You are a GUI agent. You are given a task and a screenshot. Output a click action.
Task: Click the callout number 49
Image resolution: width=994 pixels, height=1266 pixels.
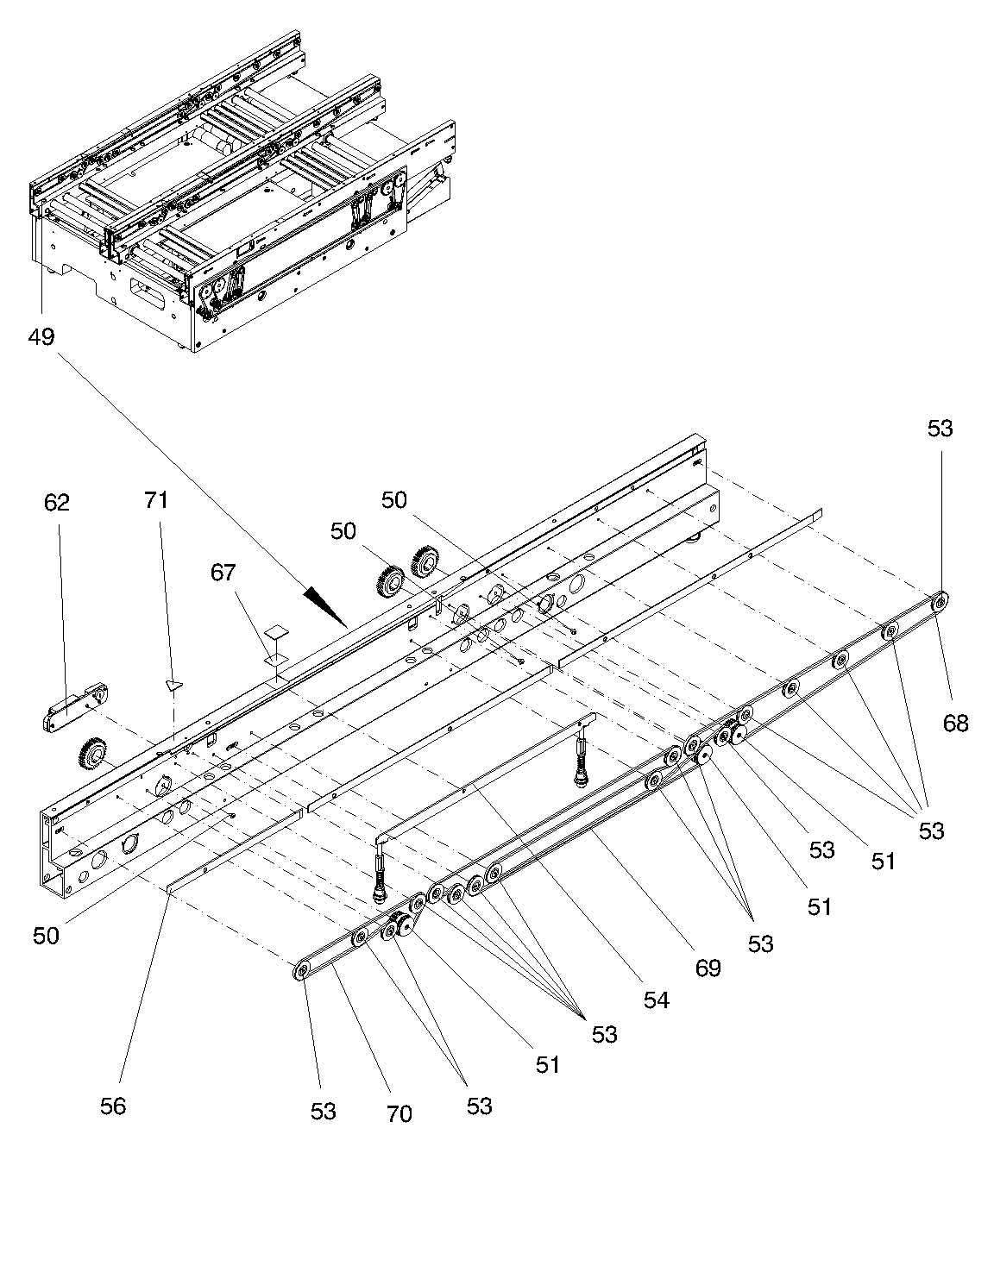point(41,336)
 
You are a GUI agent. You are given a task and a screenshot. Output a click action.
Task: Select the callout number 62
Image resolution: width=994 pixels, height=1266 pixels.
point(57,503)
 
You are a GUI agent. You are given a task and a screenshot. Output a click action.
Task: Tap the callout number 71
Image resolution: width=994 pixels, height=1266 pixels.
point(156,500)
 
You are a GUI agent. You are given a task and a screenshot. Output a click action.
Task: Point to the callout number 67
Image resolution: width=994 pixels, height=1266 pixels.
point(223,573)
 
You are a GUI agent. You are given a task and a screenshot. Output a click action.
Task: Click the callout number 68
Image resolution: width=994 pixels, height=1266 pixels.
point(955,723)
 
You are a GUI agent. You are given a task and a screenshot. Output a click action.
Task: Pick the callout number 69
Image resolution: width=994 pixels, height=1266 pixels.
point(708,968)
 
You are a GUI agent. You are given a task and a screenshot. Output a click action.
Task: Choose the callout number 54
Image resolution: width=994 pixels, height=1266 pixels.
point(657,1000)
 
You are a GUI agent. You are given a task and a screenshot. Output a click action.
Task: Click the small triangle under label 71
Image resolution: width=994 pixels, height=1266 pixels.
point(173,685)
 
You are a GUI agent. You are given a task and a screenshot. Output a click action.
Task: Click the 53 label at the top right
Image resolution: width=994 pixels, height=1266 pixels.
point(940,429)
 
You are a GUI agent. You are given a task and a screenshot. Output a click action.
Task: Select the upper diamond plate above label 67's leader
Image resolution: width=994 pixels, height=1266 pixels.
point(276,631)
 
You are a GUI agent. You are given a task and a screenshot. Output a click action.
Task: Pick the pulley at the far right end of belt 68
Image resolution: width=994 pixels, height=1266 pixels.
point(940,602)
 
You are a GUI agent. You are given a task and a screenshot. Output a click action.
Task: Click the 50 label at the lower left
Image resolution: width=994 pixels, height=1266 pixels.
point(46,936)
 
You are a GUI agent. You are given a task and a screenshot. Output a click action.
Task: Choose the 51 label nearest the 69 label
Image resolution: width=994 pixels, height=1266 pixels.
point(819,906)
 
